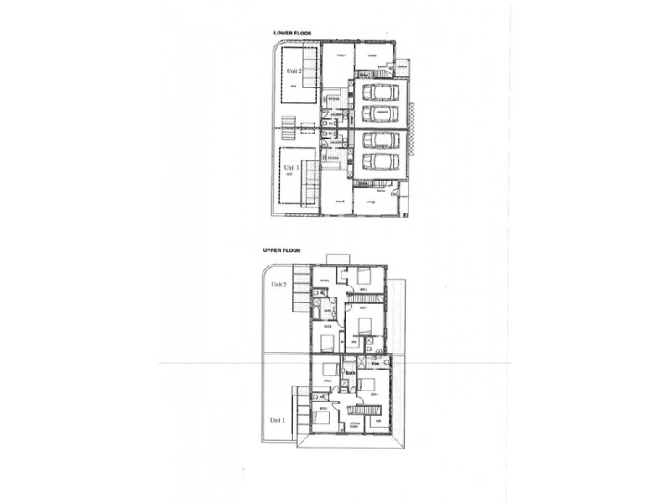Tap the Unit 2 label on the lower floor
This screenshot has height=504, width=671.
click(293, 71)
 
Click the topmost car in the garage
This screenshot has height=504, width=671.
click(380, 91)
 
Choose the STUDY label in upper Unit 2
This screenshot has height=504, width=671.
click(324, 281)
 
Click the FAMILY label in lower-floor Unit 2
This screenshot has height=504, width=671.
click(341, 55)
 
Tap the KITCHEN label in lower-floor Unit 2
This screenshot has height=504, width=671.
click(333, 98)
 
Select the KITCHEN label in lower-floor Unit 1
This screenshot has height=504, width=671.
click(333, 156)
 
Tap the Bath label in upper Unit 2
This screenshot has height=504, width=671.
click(328, 312)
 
